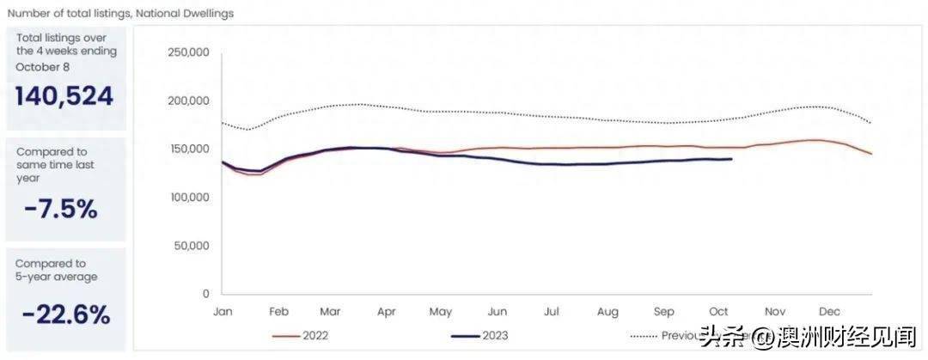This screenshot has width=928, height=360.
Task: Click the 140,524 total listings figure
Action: click(64, 96)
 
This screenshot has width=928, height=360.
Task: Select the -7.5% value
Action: click(60, 208)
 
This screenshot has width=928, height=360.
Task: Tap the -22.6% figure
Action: click(65, 314)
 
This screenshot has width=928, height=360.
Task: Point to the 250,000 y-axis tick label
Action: click(187, 52)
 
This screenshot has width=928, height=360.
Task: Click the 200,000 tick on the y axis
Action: click(187, 101)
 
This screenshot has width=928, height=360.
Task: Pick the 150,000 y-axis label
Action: click(187, 149)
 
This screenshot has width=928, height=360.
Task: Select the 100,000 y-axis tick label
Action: click(187, 197)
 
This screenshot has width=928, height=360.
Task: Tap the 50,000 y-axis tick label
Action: click(190, 246)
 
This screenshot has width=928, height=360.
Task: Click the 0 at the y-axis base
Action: click(206, 294)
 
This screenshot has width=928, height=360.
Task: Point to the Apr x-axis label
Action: click(387, 312)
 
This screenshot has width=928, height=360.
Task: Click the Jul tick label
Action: click(552, 312)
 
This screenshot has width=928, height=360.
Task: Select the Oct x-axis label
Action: click(718, 312)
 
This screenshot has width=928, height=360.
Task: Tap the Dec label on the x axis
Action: click(829, 312)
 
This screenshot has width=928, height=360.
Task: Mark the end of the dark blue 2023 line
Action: click(731, 159)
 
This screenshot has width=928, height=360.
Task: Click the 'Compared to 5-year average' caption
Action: click(57, 270)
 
